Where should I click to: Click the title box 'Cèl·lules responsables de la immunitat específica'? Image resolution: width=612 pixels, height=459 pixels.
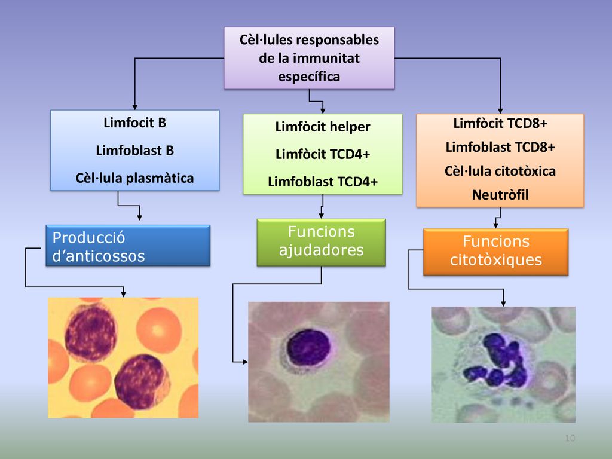pyautogui.click(x=309, y=58)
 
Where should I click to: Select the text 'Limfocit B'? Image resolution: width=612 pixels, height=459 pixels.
pyautogui.click(x=134, y=123)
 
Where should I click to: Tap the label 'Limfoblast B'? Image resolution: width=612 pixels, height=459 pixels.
pyautogui.click(x=134, y=150)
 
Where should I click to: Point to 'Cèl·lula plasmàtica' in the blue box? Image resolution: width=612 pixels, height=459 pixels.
pyautogui.click(x=134, y=178)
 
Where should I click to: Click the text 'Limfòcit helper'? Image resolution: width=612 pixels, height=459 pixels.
pyautogui.click(x=323, y=127)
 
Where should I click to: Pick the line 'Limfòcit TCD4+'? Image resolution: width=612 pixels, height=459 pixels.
pyautogui.click(x=323, y=154)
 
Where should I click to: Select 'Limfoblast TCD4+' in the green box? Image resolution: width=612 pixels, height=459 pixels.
pyautogui.click(x=323, y=182)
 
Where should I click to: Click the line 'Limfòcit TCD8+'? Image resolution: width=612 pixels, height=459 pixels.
pyautogui.click(x=500, y=123)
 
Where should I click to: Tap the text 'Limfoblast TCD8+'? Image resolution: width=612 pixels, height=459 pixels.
pyautogui.click(x=500, y=147)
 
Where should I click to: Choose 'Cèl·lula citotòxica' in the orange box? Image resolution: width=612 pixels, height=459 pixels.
pyautogui.click(x=500, y=171)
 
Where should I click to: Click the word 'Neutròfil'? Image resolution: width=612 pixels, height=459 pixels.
pyautogui.click(x=500, y=195)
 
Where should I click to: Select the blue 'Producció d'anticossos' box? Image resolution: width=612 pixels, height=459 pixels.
pyautogui.click(x=128, y=246)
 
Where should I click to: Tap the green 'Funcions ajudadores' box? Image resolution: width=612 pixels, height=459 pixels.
pyautogui.click(x=321, y=243)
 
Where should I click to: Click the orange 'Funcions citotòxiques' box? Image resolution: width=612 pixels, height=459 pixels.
pyautogui.click(x=495, y=252)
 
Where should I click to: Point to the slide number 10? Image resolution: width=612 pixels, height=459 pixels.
pyautogui.click(x=570, y=438)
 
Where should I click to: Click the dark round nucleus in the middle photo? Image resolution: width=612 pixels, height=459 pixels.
pyautogui.click(x=309, y=347)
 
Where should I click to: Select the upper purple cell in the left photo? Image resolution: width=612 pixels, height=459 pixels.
pyautogui.click(x=91, y=332)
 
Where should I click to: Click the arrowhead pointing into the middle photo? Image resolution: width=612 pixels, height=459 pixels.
pyautogui.click(x=244, y=362)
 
